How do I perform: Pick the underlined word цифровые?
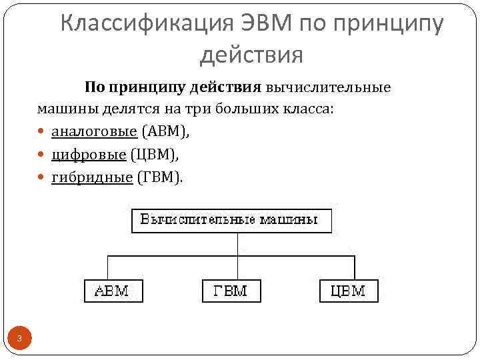coord(89,154)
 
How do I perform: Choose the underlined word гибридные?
coord(91,177)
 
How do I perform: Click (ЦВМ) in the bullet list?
coord(155,154)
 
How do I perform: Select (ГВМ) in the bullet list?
coord(159,177)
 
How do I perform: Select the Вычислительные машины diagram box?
coord(231,220)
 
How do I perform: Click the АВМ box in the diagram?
coord(113,291)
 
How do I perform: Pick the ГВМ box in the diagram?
coord(231,291)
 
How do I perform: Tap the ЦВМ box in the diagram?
coord(348,291)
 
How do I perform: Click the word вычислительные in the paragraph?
coord(329,87)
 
